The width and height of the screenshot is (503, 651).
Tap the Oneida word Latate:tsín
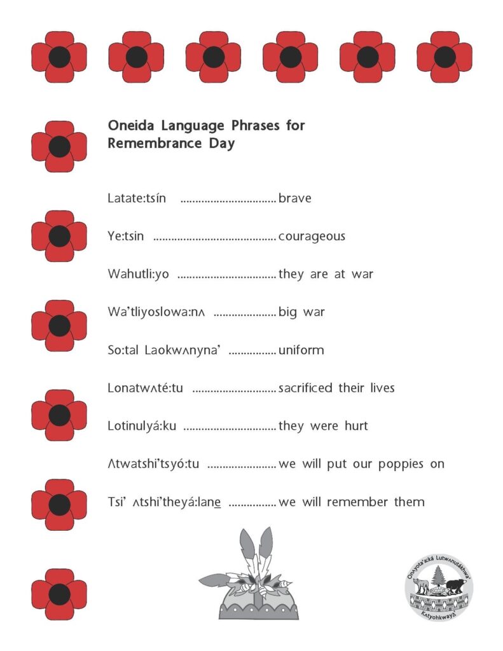tap(137, 198)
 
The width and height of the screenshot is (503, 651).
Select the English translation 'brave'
tap(295, 198)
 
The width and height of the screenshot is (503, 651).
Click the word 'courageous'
tap(312, 236)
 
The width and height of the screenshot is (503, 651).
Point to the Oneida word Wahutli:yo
tap(138, 274)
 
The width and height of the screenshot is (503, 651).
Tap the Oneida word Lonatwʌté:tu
tap(146, 388)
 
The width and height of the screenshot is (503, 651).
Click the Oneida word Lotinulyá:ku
tap(142, 426)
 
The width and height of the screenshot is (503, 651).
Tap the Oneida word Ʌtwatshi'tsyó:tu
tap(153, 464)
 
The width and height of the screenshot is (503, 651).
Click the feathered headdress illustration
tap(250, 576)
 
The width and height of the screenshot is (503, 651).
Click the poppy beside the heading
tap(59, 146)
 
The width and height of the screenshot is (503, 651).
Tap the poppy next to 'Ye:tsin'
tap(59, 236)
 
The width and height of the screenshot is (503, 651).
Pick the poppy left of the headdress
tap(59, 594)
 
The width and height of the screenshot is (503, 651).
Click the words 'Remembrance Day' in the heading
tap(171, 144)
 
